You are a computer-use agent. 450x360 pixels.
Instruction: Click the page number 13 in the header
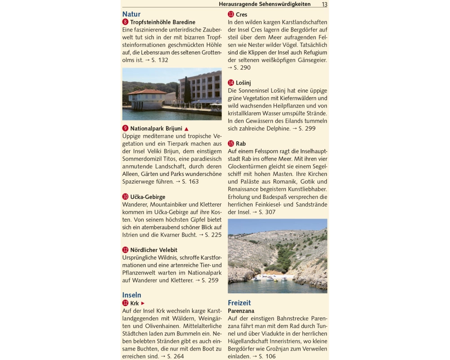point(324,4)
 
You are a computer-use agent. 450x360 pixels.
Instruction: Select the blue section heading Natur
point(131,14)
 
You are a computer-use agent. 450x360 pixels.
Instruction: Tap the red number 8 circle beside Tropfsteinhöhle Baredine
point(125,22)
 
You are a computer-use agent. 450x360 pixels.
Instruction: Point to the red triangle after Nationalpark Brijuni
point(186,129)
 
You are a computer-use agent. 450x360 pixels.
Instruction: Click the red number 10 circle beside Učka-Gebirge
point(125,197)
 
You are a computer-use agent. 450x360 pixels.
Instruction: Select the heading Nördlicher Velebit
point(153,250)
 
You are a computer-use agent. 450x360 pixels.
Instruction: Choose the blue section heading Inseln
point(132,295)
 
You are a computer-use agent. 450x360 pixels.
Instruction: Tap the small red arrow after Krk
point(143,303)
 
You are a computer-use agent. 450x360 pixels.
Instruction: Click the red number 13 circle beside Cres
point(231,14)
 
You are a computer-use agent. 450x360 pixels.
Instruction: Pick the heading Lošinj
point(243,83)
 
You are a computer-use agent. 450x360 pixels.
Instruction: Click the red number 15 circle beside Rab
point(231,144)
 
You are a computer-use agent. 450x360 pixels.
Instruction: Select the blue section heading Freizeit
point(239,303)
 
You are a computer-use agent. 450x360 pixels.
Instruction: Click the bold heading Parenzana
point(241,311)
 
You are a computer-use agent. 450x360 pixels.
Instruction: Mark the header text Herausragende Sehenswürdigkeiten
point(265,4)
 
